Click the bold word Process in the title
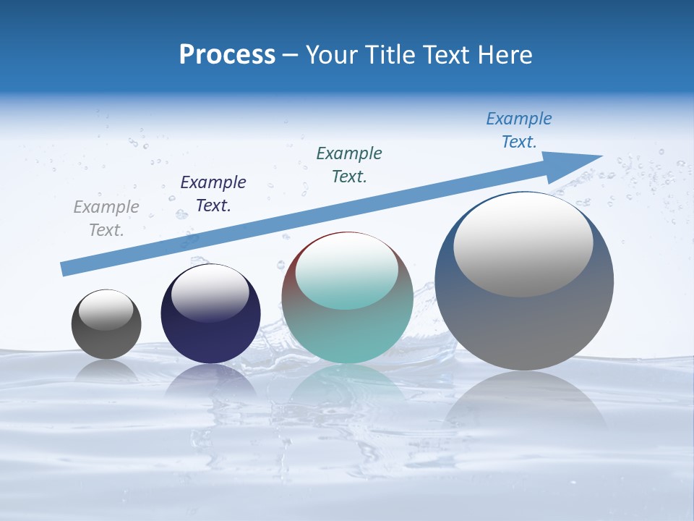[x=227, y=55]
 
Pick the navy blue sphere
[x=210, y=340]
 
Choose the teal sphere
[x=347, y=333]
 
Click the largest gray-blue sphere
[x=524, y=326]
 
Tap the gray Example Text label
[x=106, y=219]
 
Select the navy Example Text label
[x=213, y=194]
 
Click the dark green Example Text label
[x=349, y=164]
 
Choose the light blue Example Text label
[x=519, y=130]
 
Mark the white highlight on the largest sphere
[x=523, y=245]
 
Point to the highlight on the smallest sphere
[x=106, y=310]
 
